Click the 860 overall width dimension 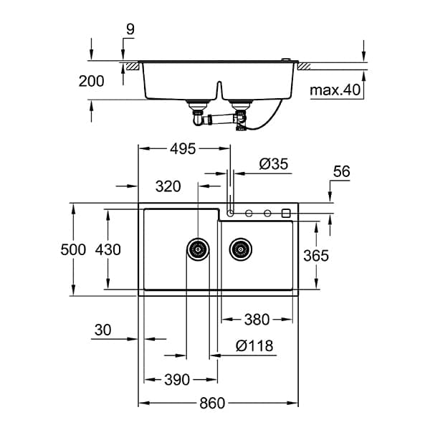tap(212, 403)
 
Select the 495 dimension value tap(183, 149)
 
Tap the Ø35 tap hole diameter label tap(274, 164)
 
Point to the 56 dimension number tap(342, 172)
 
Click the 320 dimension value tap(168, 186)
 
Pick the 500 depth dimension tap(73, 249)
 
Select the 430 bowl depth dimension tap(108, 249)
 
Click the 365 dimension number tap(316, 256)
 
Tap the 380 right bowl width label tap(257, 320)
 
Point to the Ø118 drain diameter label tap(254, 345)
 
